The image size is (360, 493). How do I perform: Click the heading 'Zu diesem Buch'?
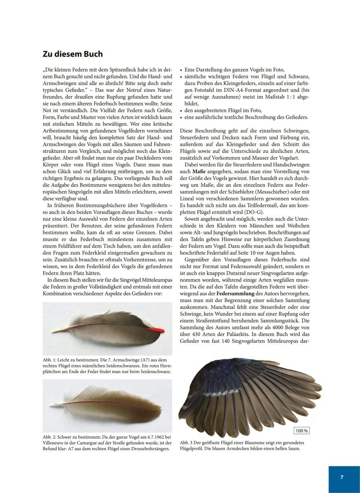point(73,54)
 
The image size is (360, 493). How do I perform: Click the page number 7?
point(342,477)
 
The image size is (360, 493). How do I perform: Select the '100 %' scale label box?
point(302,431)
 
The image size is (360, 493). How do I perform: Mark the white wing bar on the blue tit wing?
point(216,395)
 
